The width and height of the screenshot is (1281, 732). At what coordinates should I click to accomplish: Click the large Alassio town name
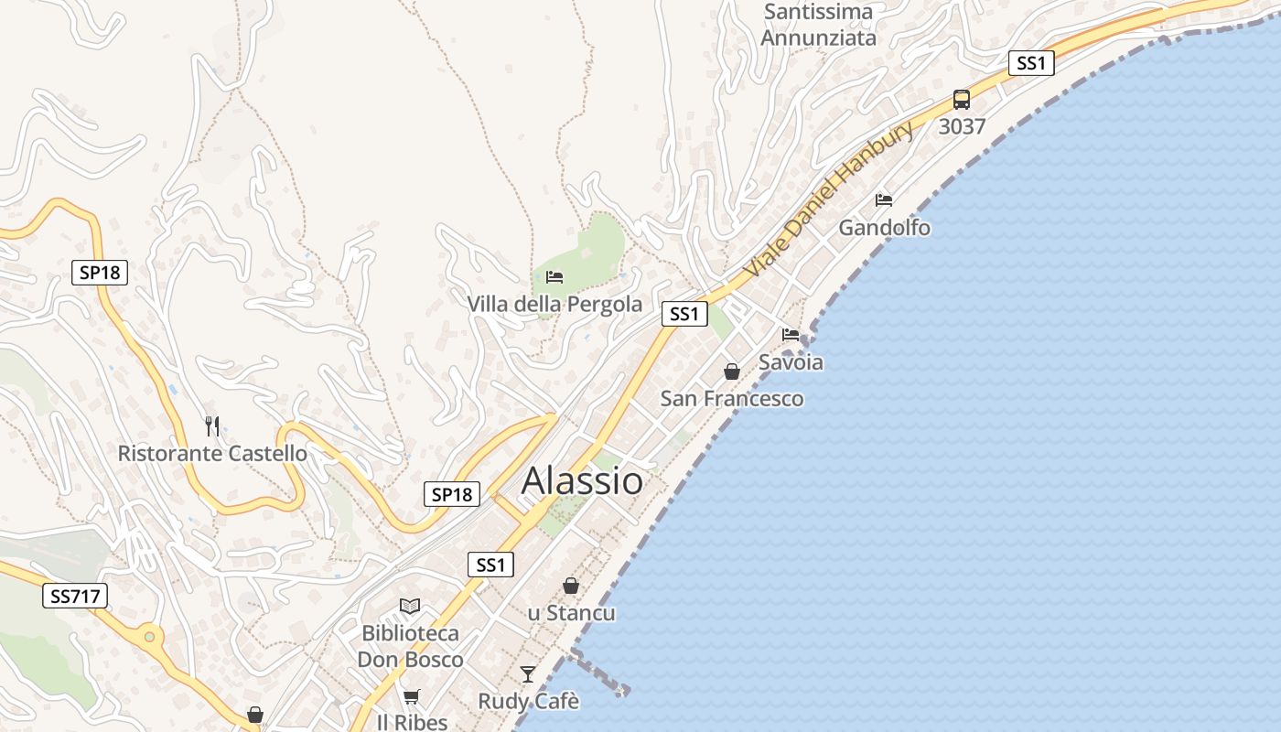pyautogui.click(x=582, y=480)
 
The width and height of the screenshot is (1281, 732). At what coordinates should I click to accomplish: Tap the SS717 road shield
pyautogui.click(x=75, y=597)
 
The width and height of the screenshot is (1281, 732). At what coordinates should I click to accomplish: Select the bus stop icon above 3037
pyautogui.click(x=962, y=100)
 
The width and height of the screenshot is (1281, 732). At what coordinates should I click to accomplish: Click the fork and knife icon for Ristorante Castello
pyautogui.click(x=212, y=425)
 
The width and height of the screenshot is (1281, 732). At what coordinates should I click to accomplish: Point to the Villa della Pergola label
pyautogui.click(x=554, y=304)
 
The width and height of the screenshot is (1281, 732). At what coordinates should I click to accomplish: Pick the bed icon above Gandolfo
pyautogui.click(x=884, y=200)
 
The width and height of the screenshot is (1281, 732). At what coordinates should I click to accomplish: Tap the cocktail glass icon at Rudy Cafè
pyautogui.click(x=528, y=674)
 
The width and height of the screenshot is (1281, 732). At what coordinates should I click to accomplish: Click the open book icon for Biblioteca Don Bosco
pyautogui.click(x=410, y=607)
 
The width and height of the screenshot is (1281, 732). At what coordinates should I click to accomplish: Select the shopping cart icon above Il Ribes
pyautogui.click(x=412, y=697)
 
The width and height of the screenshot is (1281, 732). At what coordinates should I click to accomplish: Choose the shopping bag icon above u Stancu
pyautogui.click(x=571, y=586)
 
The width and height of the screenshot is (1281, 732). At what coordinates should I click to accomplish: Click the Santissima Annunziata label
pyautogui.click(x=818, y=25)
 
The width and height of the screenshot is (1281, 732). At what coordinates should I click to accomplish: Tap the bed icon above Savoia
pyautogui.click(x=791, y=335)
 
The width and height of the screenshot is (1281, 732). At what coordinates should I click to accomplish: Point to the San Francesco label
pyautogui.click(x=732, y=399)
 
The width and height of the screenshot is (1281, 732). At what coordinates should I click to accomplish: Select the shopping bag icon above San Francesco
pyautogui.click(x=732, y=371)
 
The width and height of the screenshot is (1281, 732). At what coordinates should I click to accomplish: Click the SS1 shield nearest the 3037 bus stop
pyautogui.click(x=1031, y=63)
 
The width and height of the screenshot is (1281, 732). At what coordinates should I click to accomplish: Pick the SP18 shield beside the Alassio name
pyautogui.click(x=452, y=495)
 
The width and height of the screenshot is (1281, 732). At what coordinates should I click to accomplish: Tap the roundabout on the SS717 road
pyautogui.click(x=149, y=634)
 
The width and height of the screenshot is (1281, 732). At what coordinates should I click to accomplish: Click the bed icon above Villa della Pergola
pyautogui.click(x=554, y=276)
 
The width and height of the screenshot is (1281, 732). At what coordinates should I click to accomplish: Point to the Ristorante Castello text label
pyautogui.click(x=212, y=453)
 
